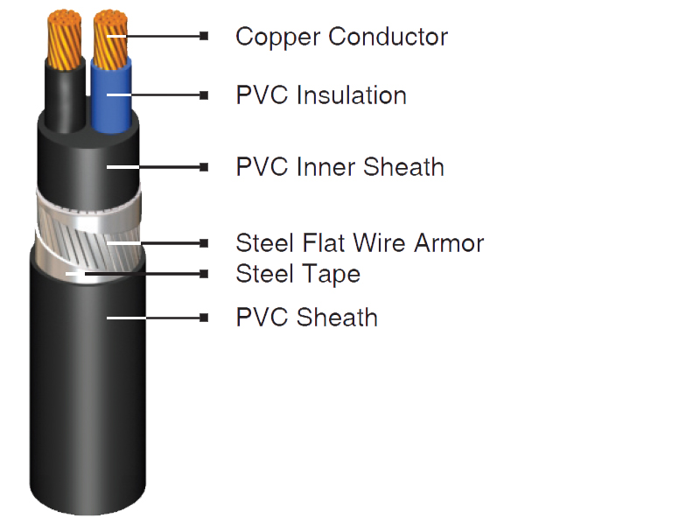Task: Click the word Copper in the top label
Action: [x=277, y=38]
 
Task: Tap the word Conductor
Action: [x=388, y=36]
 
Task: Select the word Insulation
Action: [x=352, y=95]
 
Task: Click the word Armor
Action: [x=449, y=243]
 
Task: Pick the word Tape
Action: [x=332, y=275]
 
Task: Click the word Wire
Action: [x=380, y=243]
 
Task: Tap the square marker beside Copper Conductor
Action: [x=204, y=36]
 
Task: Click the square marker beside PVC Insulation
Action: [x=204, y=95]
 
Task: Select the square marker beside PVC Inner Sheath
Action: [x=204, y=167]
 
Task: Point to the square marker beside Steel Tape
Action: [x=204, y=274]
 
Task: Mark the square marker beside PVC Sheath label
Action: [x=204, y=318]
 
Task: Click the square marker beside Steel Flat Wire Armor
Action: [x=204, y=243]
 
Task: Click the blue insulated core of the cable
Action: [x=111, y=97]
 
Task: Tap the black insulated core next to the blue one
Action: [x=65, y=99]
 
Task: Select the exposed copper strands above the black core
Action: [x=65, y=39]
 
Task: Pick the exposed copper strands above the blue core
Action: [x=110, y=39]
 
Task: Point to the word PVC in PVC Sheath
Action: [x=262, y=318]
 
